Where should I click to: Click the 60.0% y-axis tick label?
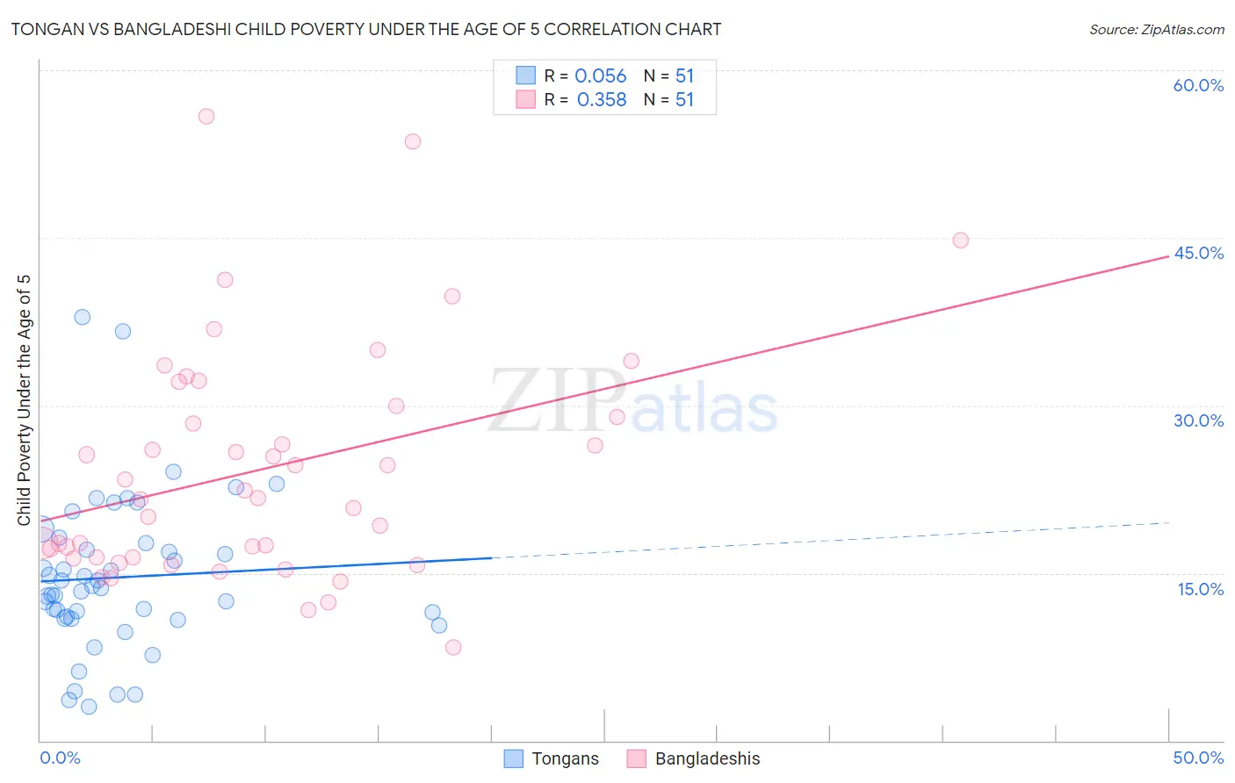point(1198,85)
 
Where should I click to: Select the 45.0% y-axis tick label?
point(1198,253)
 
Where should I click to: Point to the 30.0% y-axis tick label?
point(1198,420)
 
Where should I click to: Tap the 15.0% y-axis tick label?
point(1200,589)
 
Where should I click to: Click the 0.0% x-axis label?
point(60,758)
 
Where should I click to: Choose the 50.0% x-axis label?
point(1198,758)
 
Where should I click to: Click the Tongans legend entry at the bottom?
point(552,758)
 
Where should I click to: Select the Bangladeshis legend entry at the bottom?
point(694,758)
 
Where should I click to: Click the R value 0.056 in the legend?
point(600,76)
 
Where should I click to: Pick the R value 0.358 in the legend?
point(601,100)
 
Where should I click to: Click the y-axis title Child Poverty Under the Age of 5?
point(25,400)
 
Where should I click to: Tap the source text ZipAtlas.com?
point(1156,29)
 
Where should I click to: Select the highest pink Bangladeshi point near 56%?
point(206,116)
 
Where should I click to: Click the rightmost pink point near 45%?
point(960,241)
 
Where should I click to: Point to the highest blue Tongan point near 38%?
point(82,317)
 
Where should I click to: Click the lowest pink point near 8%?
point(453,647)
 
